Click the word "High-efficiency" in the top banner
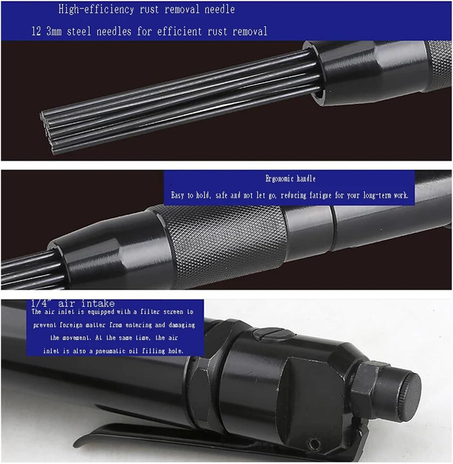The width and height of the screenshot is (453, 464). [x=96, y=10]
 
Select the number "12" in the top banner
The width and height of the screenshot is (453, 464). [x=36, y=32]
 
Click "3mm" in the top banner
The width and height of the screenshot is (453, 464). [x=54, y=32]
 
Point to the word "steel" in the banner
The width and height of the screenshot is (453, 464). [x=79, y=31]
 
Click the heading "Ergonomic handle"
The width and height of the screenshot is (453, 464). [x=290, y=179]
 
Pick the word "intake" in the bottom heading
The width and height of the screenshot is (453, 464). [x=98, y=303]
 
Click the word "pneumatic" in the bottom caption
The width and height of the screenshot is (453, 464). [x=112, y=351]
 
